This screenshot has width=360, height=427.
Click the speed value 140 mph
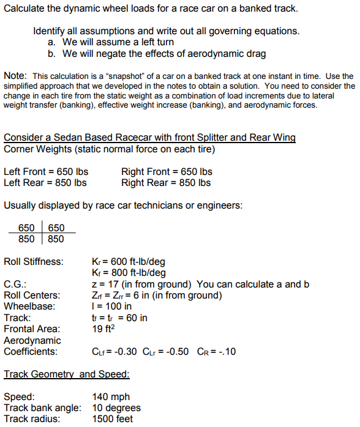(111, 397)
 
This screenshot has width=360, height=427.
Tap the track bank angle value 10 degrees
(116, 408)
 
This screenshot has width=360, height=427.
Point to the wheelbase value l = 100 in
(111, 306)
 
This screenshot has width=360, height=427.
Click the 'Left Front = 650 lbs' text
(45, 171)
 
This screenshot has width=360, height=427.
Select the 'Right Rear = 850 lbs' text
(166, 182)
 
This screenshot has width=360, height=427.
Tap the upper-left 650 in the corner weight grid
(27, 228)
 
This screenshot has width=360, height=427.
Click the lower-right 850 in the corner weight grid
(56, 239)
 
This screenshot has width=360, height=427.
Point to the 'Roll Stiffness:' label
(33, 262)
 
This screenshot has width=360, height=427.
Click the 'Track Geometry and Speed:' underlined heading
(67, 374)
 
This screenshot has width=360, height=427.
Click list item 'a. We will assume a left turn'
(110, 42)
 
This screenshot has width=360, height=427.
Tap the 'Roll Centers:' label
(31, 295)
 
